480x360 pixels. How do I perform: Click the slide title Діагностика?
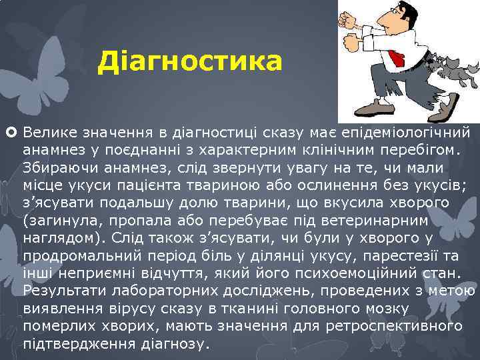pyautogui.click(x=190, y=63)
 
